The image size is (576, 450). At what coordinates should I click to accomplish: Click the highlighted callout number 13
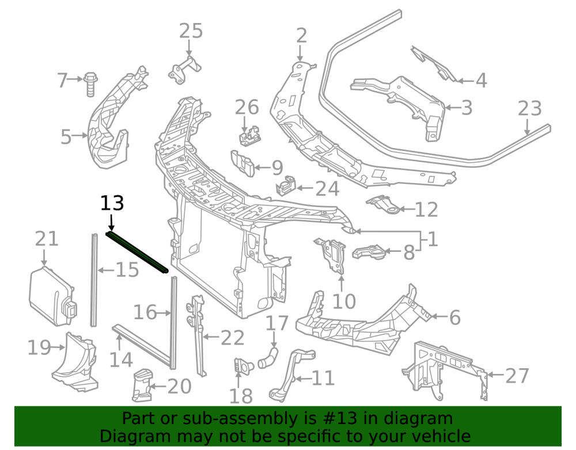click(112, 203)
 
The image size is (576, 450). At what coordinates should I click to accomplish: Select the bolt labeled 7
click(90, 85)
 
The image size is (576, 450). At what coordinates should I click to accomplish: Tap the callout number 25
click(191, 31)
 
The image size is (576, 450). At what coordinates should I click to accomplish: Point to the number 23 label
click(530, 108)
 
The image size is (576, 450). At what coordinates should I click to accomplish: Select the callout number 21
click(47, 239)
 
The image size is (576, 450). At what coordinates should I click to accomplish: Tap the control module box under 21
click(53, 296)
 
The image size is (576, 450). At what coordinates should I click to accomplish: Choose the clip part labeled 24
click(286, 186)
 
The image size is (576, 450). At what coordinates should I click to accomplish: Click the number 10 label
click(344, 301)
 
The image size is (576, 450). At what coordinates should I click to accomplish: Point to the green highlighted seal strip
click(137, 252)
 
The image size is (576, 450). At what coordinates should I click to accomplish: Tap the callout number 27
click(517, 376)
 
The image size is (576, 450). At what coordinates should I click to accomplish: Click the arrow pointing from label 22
click(210, 336)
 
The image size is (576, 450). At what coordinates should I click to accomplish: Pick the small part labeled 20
click(142, 385)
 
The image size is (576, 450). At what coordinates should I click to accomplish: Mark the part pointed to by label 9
click(242, 163)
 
